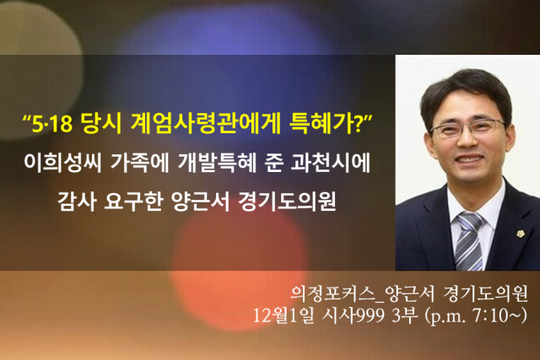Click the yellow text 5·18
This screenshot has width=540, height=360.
point(51,124)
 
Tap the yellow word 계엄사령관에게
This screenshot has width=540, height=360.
point(205,123)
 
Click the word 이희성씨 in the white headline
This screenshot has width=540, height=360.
point(62,163)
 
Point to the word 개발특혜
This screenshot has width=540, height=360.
point(217,163)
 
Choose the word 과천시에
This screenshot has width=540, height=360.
point(331,163)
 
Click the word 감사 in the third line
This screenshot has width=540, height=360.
point(77,201)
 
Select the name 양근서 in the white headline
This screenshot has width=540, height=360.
point(200,201)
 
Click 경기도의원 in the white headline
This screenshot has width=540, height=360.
point(287,201)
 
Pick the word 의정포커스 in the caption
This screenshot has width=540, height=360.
point(332,293)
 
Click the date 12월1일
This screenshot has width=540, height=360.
point(283,315)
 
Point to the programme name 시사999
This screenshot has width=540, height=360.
point(353,315)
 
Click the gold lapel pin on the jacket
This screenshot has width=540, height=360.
point(520,234)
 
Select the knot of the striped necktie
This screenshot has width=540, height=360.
point(471,221)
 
